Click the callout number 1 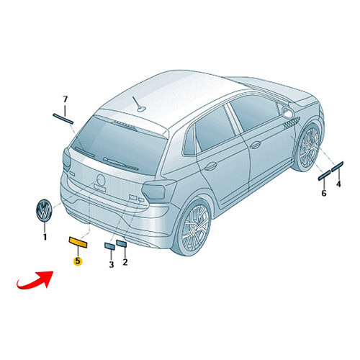(45, 237)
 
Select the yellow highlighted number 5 (78, 261)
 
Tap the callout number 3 (112, 264)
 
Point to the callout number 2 (125, 262)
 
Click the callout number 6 (324, 193)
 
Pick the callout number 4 (338, 184)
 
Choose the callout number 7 (65, 99)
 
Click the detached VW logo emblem (44, 210)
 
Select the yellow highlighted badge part (78, 242)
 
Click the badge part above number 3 (109, 246)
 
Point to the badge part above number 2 (121, 243)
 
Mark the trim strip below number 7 (63, 119)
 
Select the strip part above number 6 (324, 175)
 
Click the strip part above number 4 (337, 167)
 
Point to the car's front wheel (308, 147)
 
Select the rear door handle (211, 166)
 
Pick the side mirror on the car (287, 112)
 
